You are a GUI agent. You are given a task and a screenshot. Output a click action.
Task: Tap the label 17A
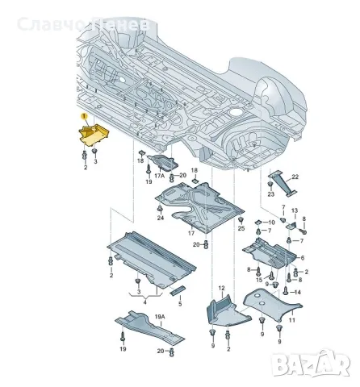pos(159,175)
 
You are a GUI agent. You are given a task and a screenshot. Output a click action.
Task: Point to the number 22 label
pos(295,177)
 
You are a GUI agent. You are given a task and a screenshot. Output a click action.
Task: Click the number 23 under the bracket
pos(270,194)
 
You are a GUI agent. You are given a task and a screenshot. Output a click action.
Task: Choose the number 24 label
pos(160,218)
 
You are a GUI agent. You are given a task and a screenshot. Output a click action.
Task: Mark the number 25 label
pos(241,230)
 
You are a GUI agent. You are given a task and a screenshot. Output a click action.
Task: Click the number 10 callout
pos(271,222)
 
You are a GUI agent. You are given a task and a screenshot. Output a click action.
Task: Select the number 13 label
pos(294,211)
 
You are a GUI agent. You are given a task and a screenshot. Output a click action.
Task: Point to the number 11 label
pos(292,319)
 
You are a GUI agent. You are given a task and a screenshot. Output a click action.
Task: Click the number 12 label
pos(220,287)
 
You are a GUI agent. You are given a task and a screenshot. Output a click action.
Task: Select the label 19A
pos(160,318)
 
